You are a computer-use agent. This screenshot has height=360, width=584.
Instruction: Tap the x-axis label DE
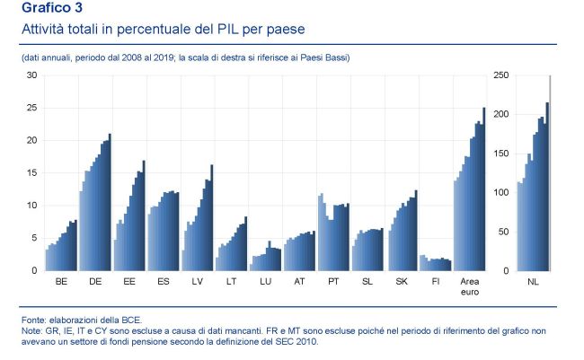click(95, 281)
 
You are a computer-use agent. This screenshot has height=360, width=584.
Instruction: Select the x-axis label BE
click(61, 281)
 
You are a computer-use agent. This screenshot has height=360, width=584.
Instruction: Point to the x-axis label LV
click(198, 281)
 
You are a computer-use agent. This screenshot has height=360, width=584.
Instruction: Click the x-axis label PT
click(334, 281)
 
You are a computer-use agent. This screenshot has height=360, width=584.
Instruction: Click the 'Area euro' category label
click(470, 286)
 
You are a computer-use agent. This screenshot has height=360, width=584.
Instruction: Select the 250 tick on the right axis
click(501, 75)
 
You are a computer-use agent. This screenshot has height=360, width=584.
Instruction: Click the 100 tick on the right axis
click(501, 193)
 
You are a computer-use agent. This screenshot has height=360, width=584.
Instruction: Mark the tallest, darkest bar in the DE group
click(110, 202)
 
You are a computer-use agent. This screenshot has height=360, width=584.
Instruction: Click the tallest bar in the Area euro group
click(483, 189)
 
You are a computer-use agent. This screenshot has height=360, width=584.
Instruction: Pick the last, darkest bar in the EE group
click(144, 215)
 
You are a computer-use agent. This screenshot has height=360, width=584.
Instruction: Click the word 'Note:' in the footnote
click(33, 330)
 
